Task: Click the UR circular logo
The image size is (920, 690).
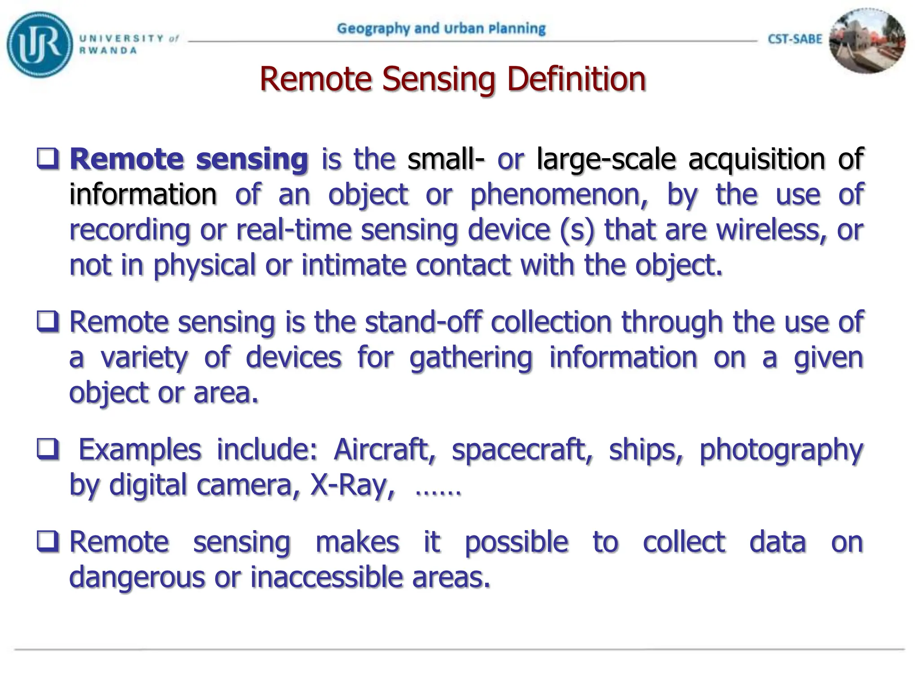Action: click(40, 44)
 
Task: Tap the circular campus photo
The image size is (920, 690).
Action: click(867, 41)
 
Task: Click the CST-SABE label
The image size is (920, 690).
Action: click(795, 39)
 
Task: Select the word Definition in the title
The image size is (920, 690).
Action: click(576, 79)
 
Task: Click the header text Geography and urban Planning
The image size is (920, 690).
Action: click(441, 28)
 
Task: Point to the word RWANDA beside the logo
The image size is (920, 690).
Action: click(108, 51)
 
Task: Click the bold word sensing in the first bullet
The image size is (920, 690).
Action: click(252, 159)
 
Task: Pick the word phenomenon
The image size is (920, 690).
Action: click(559, 195)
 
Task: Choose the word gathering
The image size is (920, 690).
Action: click(471, 358)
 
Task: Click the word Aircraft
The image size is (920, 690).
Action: click(385, 449)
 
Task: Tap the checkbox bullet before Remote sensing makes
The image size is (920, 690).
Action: click(48, 541)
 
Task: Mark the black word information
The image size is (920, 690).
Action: click(143, 195)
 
